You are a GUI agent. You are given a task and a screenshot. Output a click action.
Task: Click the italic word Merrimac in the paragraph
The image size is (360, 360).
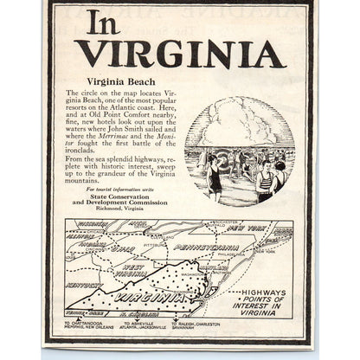point(119,137)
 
